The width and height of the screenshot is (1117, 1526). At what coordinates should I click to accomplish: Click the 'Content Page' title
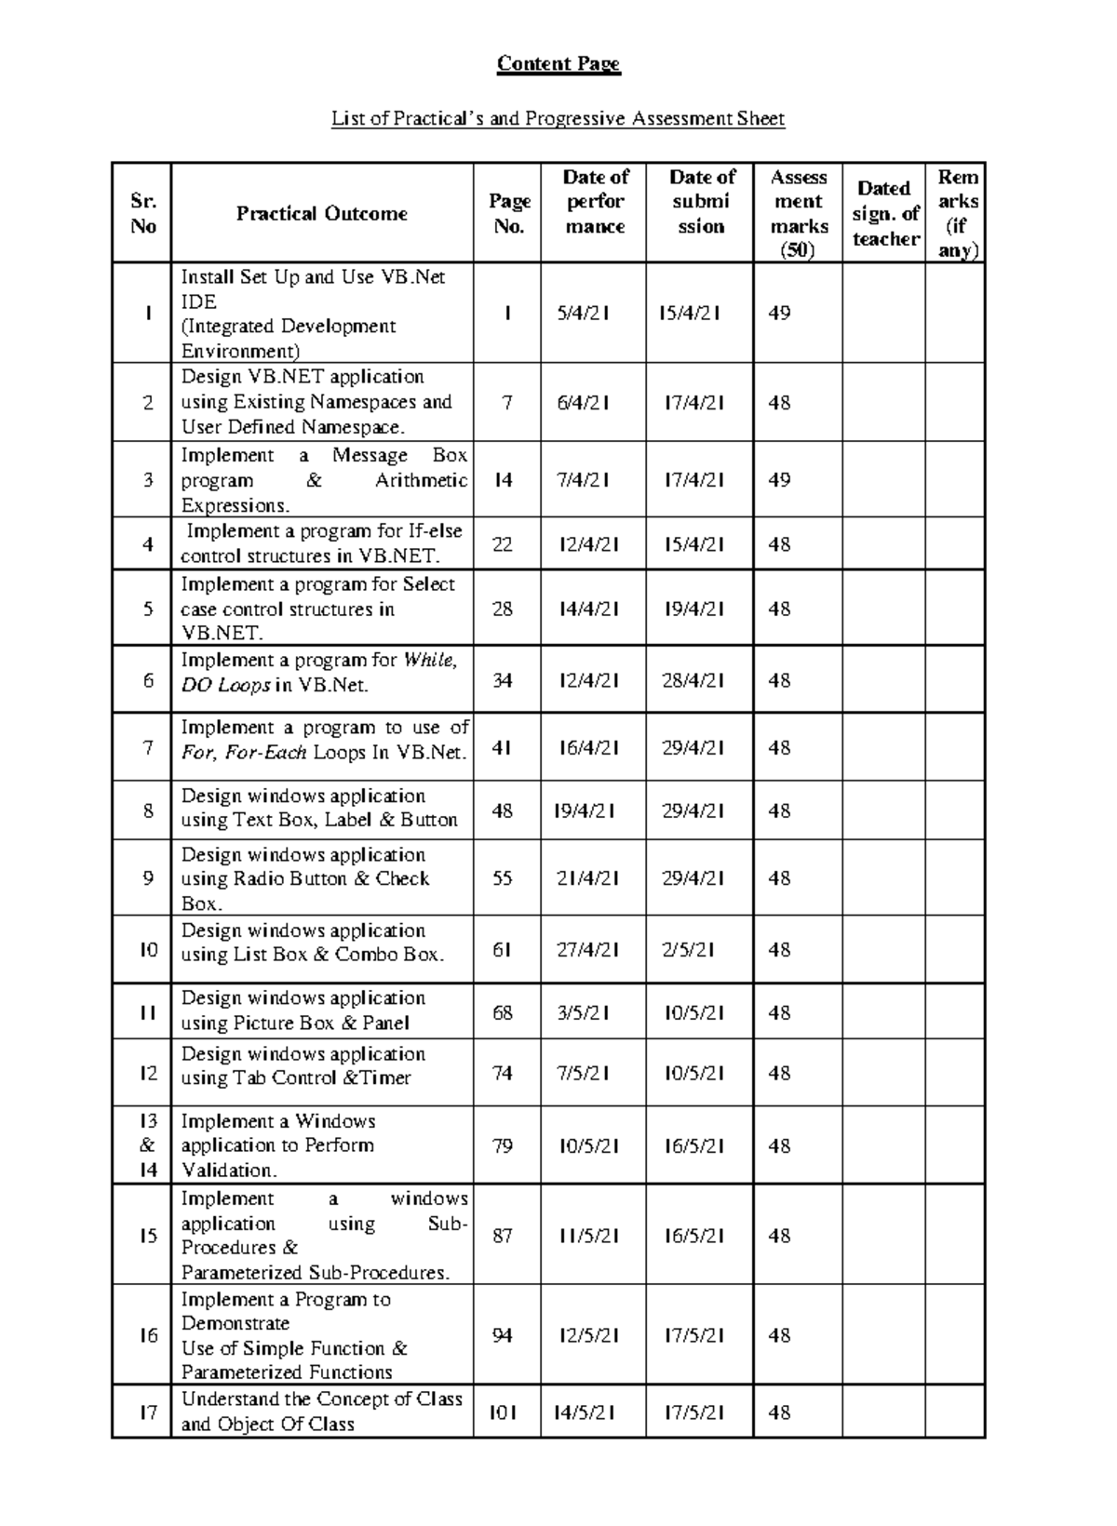558,63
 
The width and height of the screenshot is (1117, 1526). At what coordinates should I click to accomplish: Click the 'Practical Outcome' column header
321,214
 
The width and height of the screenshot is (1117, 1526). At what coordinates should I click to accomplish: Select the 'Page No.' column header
509,214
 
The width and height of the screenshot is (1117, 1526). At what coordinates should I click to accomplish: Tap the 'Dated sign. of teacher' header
884,214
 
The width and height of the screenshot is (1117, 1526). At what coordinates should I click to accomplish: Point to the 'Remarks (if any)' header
957,214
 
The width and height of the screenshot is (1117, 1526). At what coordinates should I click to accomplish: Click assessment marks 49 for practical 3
779,480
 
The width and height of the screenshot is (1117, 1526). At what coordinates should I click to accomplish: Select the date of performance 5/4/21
584,314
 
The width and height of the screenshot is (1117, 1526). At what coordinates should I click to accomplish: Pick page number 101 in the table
503,1412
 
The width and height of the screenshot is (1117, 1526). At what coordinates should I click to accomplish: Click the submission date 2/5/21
689,950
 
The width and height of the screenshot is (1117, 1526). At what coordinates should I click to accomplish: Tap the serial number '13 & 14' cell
148,1145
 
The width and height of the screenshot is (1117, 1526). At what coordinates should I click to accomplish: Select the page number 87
503,1236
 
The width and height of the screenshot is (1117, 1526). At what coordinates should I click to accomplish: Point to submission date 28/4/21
693,681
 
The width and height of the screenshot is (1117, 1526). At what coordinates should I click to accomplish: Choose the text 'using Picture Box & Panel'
295,1024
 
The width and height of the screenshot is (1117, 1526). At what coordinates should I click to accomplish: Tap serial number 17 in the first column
148,1412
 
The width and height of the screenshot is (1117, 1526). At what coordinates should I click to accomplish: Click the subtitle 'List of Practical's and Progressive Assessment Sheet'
558,119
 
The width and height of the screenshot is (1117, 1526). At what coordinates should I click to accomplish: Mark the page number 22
503,544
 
